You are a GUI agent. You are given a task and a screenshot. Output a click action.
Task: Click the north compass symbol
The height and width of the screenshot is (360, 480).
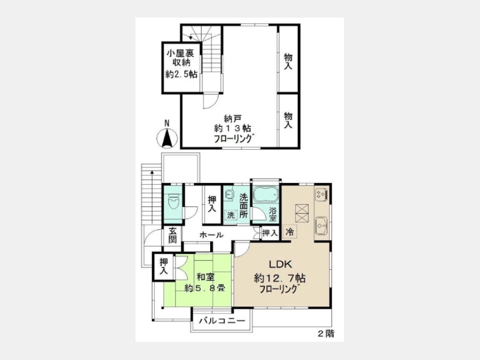[167, 138]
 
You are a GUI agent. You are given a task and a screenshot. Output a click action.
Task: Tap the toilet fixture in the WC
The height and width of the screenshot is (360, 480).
[173, 202]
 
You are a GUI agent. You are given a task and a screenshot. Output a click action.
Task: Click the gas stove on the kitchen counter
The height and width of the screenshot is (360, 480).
[322, 194]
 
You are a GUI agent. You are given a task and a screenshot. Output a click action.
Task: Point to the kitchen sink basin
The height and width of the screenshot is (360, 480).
[322, 226]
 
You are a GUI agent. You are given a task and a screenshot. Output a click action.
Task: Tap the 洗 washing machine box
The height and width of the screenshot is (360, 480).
[231, 215]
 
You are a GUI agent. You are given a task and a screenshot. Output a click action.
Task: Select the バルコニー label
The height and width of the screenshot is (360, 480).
[222, 321]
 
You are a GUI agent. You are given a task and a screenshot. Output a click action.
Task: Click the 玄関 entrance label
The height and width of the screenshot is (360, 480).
[173, 235]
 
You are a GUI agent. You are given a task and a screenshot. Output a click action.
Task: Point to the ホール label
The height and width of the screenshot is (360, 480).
[212, 235]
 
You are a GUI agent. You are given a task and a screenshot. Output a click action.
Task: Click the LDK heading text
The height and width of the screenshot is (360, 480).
[281, 264]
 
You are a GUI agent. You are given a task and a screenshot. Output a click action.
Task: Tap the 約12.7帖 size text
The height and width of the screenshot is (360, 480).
[279, 278]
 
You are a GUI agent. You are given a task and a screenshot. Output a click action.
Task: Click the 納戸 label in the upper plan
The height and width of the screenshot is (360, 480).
[233, 118]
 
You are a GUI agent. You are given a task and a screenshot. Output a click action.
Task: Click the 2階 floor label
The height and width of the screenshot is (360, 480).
[326, 333]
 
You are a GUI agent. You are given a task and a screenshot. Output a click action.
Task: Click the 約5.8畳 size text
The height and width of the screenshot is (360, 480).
[205, 288]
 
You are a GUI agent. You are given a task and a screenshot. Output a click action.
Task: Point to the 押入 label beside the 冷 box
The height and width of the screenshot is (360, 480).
[270, 233]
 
